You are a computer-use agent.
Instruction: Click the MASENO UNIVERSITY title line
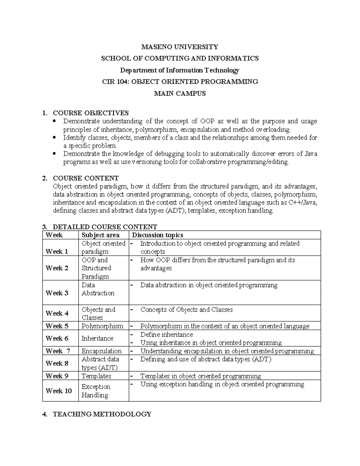pos(180,47)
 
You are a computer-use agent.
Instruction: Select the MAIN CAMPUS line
pos(180,93)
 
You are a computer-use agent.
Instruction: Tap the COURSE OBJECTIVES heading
pos(91,113)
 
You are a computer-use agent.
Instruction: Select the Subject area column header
pos(100,235)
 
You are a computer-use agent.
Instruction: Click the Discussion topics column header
pos(157,235)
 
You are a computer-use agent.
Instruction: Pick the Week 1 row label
pos(57,251)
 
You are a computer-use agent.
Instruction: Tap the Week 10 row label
pos(58,391)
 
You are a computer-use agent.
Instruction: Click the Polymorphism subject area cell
pos(102,326)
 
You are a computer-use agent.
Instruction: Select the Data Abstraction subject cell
pos(98,289)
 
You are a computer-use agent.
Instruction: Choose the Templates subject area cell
pos(96,376)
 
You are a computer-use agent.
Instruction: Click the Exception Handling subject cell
pos(96,391)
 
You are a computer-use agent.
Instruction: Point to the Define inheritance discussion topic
pos(166,335)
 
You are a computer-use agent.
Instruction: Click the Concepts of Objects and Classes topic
pos(186,310)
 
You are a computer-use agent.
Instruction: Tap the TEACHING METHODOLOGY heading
pos(102,414)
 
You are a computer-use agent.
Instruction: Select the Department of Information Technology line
pos(180,70)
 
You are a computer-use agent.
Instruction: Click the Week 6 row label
pos(57,338)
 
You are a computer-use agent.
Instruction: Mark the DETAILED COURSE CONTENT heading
pos(105,227)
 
